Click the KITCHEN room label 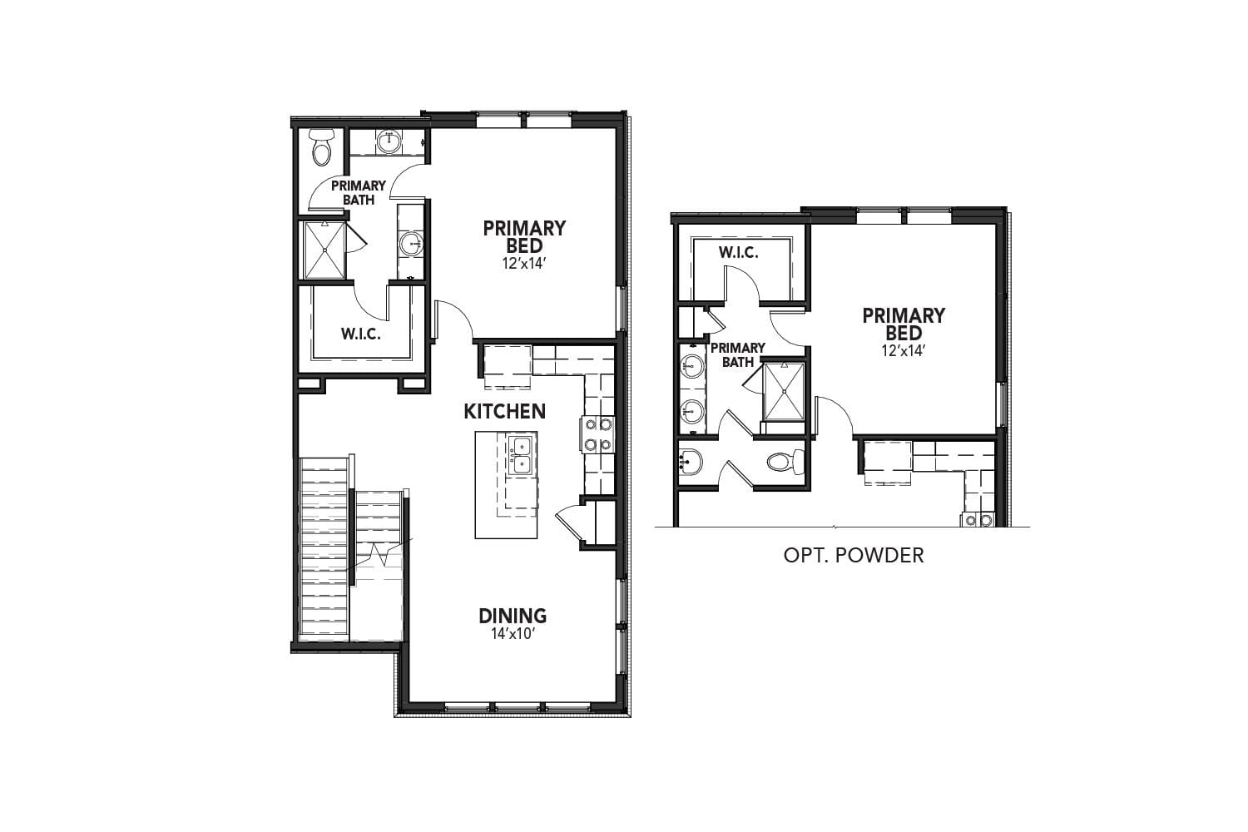504,411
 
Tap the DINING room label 513,616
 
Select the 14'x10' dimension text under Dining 513,633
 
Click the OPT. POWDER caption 854,555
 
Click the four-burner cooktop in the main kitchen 597,433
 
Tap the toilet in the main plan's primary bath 321,147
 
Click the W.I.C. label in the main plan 360,334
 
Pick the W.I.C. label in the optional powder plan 738,252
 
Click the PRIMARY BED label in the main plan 524,236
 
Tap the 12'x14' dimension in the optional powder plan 904,350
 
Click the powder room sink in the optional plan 691,460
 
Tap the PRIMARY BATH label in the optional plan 737,354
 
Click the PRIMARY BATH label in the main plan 359,192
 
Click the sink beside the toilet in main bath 388,142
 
